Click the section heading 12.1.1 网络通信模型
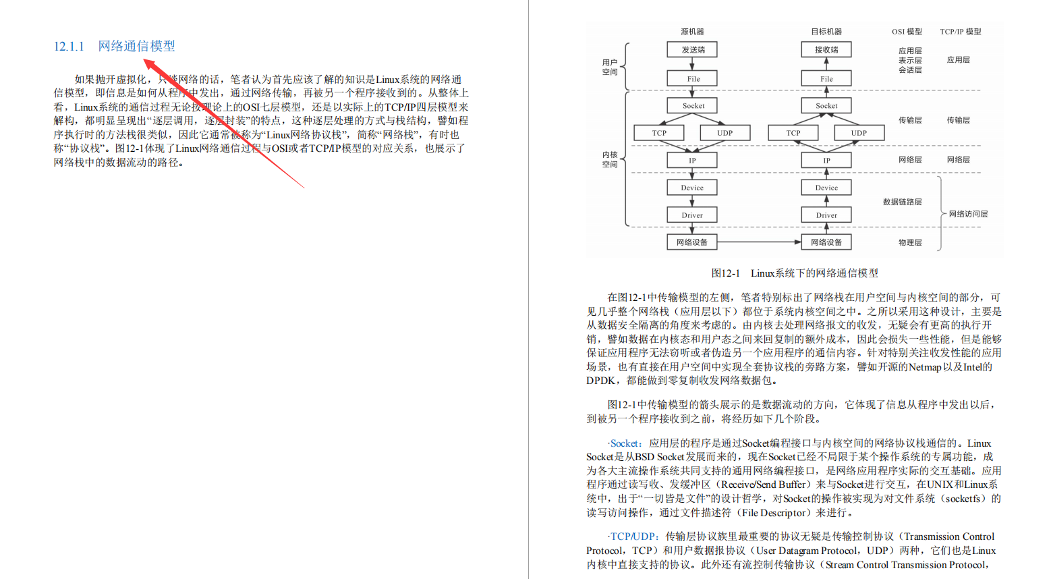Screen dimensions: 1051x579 click(x=115, y=46)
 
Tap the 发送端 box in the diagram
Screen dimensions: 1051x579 click(x=692, y=49)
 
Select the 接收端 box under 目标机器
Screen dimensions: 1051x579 click(x=826, y=49)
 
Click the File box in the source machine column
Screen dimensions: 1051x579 click(x=692, y=79)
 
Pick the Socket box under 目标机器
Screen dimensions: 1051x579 click(x=826, y=106)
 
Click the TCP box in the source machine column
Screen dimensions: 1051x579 click(x=659, y=133)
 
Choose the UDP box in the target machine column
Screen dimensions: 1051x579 click(x=859, y=133)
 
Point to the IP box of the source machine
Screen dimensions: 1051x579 click(x=692, y=161)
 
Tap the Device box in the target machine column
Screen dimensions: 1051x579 click(x=826, y=188)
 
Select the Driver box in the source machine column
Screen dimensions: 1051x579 click(x=692, y=215)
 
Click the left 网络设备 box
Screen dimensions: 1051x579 click(x=692, y=242)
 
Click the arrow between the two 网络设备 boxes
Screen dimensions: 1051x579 click(x=759, y=242)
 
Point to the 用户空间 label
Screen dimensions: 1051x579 click(x=610, y=67)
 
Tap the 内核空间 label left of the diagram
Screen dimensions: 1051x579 click(x=610, y=159)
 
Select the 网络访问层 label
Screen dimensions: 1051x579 click(x=968, y=214)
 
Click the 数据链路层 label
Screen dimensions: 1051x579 click(x=902, y=202)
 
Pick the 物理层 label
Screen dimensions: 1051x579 click(x=910, y=242)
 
